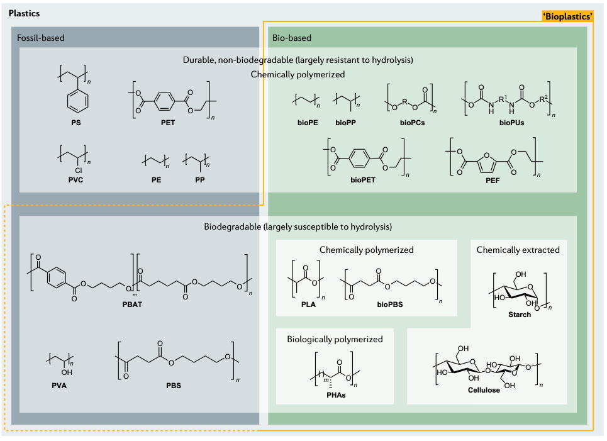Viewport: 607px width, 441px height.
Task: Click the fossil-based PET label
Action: [x=167, y=123]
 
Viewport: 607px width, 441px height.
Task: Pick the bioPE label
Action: [x=306, y=123]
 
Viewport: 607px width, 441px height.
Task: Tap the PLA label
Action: [x=306, y=304]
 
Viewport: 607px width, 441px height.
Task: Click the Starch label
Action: [x=520, y=315]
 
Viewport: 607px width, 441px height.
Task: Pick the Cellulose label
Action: [x=484, y=390]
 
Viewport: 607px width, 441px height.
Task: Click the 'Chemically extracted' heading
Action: [x=518, y=250]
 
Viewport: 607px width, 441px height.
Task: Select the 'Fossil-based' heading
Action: [x=41, y=38]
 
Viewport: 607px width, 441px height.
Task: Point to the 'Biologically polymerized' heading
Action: [x=335, y=339]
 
